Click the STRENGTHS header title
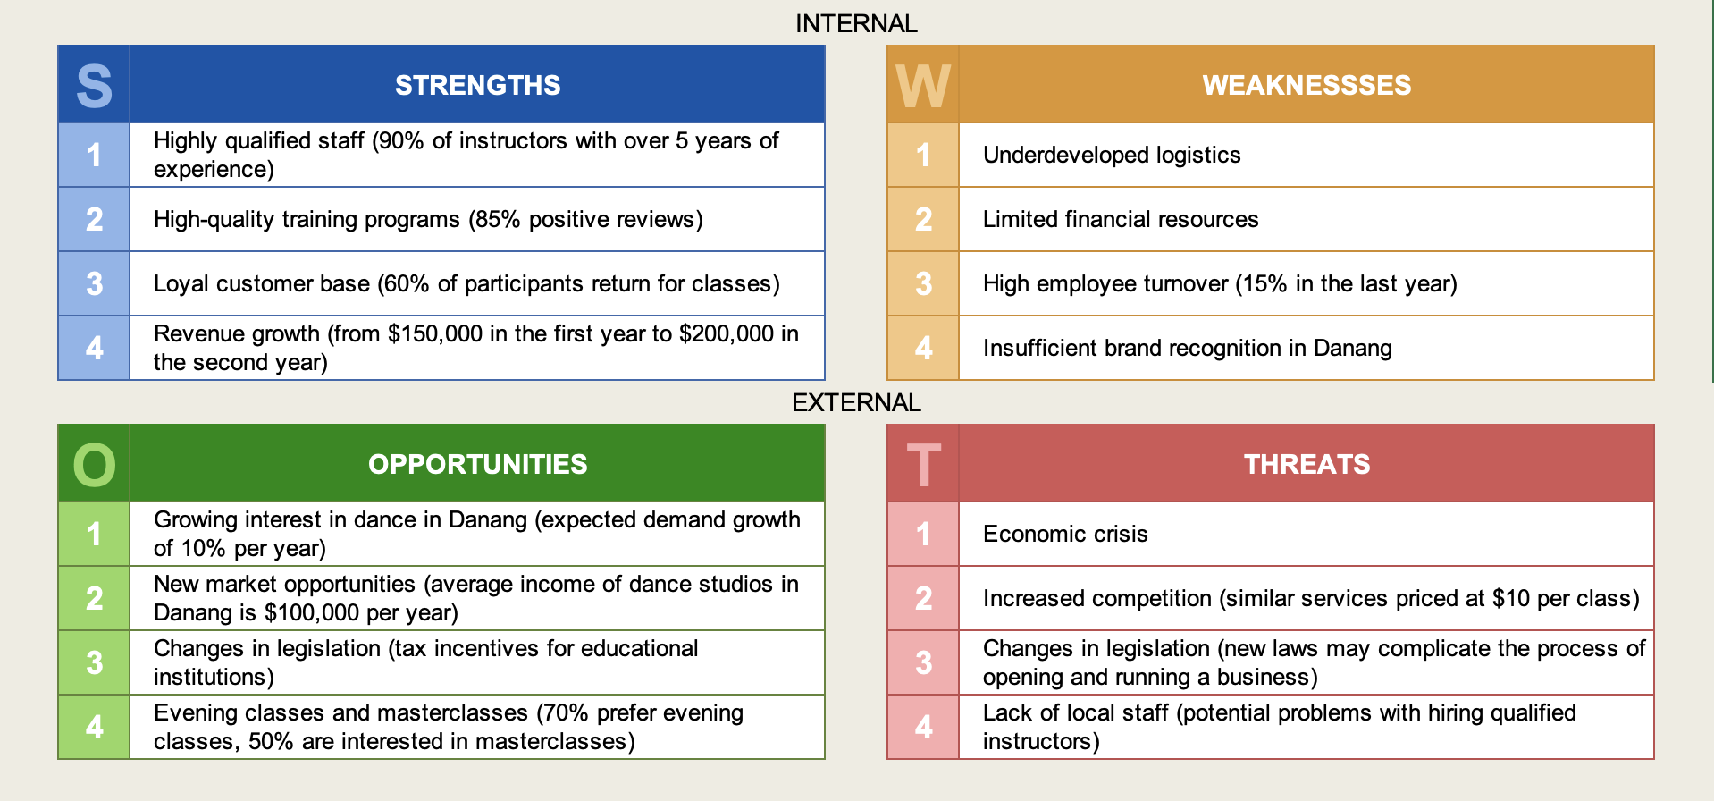coord(477,85)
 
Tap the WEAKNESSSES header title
coord(1307,85)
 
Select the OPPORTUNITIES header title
coord(477,464)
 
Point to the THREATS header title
coord(1307,464)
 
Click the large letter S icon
coord(94,86)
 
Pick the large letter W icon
coord(923,86)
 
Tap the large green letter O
coord(94,465)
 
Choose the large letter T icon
coord(923,465)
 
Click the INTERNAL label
coord(856,23)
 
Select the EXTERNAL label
coord(856,402)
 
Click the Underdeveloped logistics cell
coord(1112,155)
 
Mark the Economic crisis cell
coord(1065,534)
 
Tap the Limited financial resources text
coord(1121,219)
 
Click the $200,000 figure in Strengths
coord(726,333)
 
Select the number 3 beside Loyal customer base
coord(94,283)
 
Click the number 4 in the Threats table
coord(923,727)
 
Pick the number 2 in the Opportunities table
coord(94,598)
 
